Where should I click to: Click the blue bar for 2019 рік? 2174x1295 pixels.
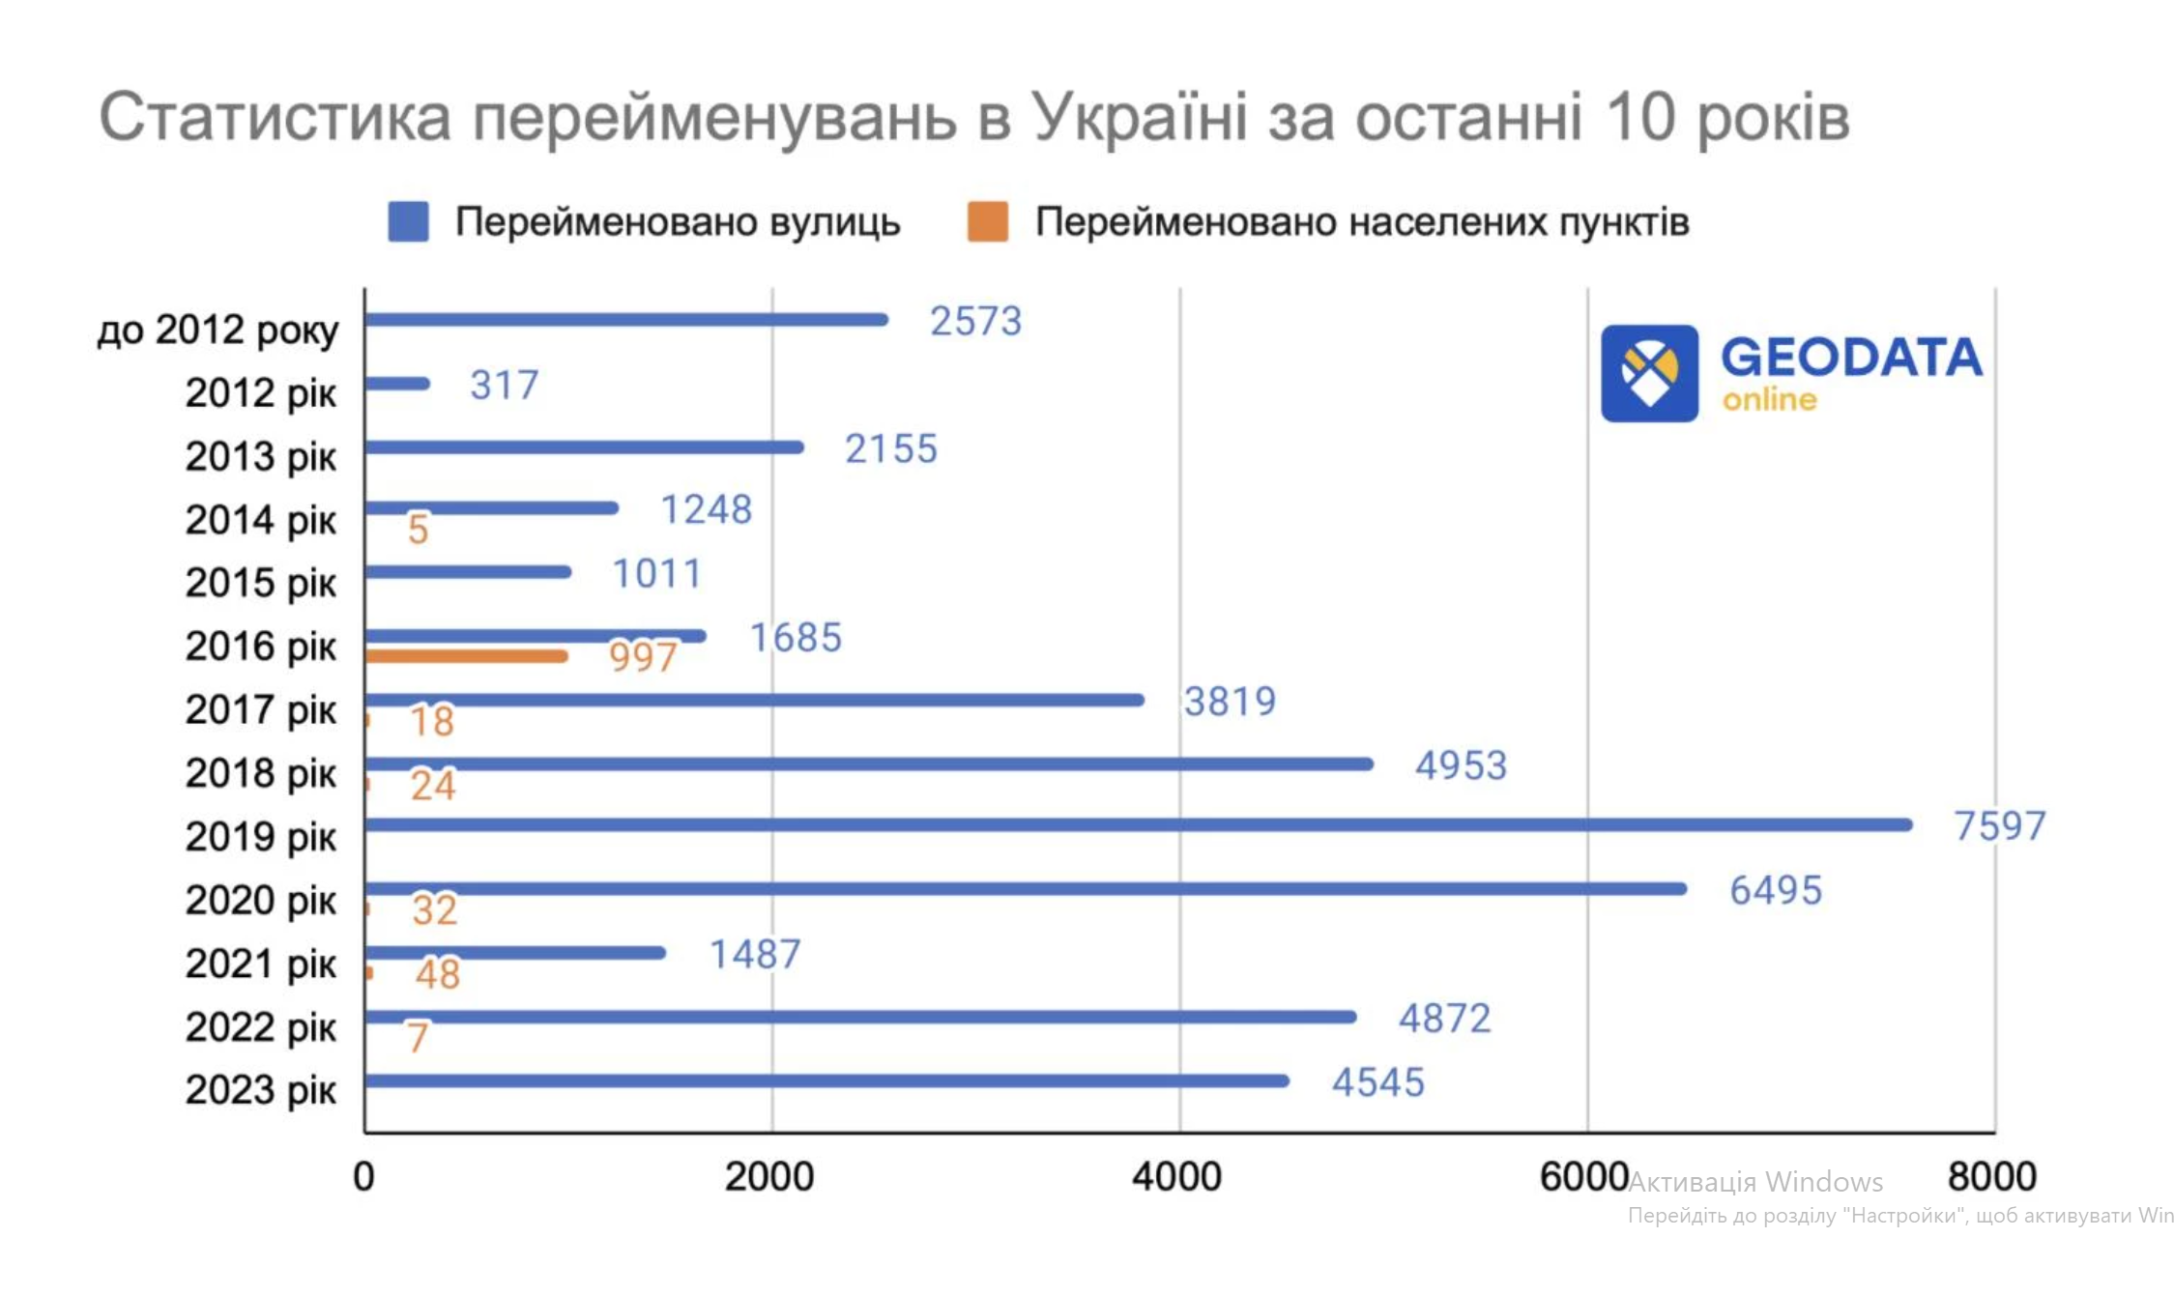coord(1138,824)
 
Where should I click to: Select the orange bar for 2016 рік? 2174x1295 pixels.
coord(466,656)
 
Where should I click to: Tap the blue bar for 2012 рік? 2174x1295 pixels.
coord(397,384)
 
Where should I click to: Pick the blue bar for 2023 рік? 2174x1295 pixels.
coord(826,1080)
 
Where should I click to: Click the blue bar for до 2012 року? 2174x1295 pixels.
coord(625,320)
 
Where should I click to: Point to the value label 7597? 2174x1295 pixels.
coord(1999,826)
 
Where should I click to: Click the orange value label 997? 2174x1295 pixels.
coord(642,657)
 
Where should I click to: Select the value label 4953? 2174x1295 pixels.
coord(1460,765)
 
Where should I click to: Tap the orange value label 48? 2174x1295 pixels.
coord(437,974)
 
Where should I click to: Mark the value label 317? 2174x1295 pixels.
coord(504,386)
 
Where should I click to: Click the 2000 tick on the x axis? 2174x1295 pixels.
coord(769,1177)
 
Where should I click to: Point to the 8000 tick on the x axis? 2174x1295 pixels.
coord(1991,1177)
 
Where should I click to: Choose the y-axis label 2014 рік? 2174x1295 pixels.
coord(261,520)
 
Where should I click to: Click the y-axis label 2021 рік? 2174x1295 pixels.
coord(261,964)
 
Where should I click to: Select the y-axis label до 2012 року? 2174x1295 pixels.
coord(218,331)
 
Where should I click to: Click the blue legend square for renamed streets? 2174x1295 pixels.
coord(408,222)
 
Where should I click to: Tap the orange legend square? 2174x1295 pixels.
coord(987,222)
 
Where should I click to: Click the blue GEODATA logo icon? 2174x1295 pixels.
coord(1649,373)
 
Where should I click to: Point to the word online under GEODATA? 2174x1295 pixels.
coord(1769,400)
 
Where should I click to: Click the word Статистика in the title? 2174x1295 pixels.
coord(275,117)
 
